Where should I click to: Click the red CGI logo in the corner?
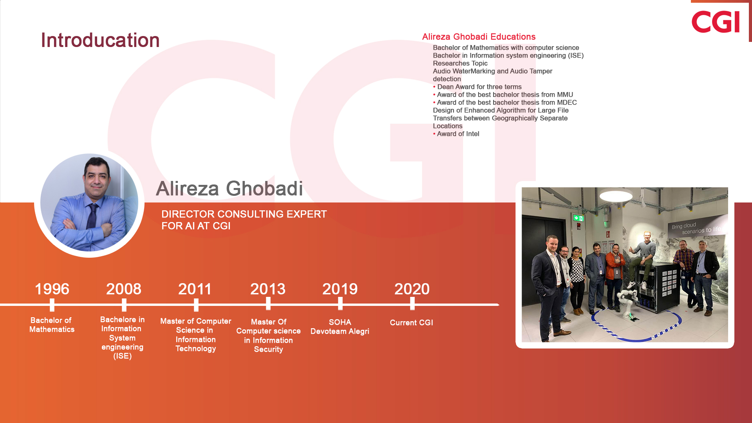716,22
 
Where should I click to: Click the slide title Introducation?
100,40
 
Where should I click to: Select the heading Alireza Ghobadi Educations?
479,37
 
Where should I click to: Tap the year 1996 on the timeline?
52,289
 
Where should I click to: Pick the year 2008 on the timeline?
124,289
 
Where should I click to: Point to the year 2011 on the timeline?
195,289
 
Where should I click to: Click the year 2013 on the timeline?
268,289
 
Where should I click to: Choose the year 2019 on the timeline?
340,289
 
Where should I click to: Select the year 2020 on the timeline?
412,289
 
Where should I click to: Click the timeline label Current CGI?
411,323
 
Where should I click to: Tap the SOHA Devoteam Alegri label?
340,327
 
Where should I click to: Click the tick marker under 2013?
268,304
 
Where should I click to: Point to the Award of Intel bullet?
456,134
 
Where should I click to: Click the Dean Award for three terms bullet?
477,87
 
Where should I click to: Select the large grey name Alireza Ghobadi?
230,188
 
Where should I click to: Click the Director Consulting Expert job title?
244,220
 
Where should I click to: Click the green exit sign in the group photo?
578,218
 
